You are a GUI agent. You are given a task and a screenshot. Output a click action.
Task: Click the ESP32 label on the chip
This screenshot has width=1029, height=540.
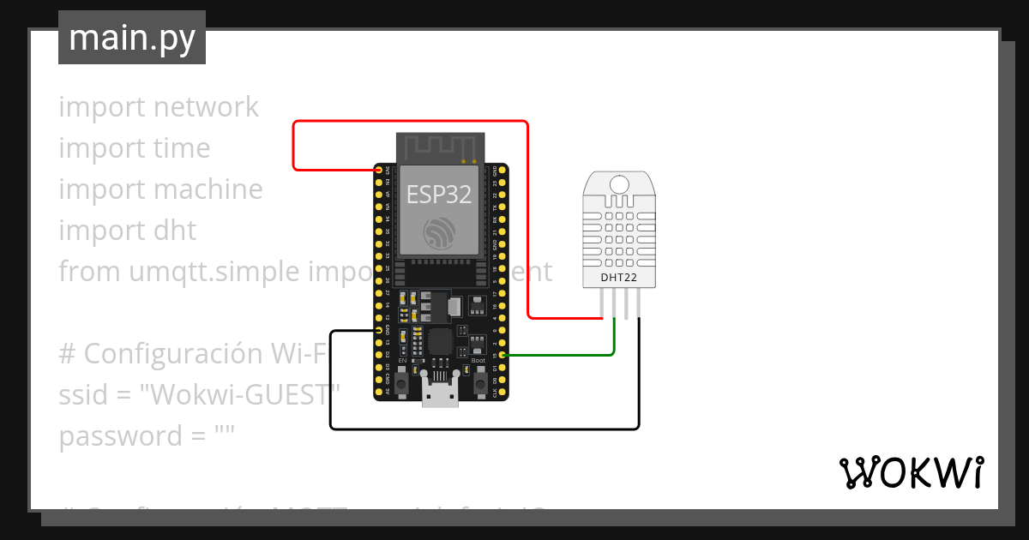point(439,195)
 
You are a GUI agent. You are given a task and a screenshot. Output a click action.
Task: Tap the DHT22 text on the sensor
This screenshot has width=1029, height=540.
point(619,276)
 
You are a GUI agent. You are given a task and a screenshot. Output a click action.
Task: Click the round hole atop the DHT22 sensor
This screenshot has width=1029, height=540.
point(619,182)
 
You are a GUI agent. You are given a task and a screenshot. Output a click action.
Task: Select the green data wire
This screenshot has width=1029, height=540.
point(566,354)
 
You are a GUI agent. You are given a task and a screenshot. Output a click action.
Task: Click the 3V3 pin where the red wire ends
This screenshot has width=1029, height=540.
point(379,171)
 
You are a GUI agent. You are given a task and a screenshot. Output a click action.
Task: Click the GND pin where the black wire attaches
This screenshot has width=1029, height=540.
point(379,330)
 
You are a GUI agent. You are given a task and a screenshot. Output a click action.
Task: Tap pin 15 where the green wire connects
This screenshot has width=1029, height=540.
point(502,354)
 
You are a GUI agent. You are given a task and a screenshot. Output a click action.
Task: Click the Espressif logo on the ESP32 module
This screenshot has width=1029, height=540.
point(440,234)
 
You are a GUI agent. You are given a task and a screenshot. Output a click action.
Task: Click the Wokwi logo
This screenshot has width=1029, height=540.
point(910,473)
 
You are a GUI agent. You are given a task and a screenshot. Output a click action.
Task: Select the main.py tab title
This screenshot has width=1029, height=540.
point(132,38)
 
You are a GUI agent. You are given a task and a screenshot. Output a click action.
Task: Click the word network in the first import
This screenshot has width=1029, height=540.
point(205,107)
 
